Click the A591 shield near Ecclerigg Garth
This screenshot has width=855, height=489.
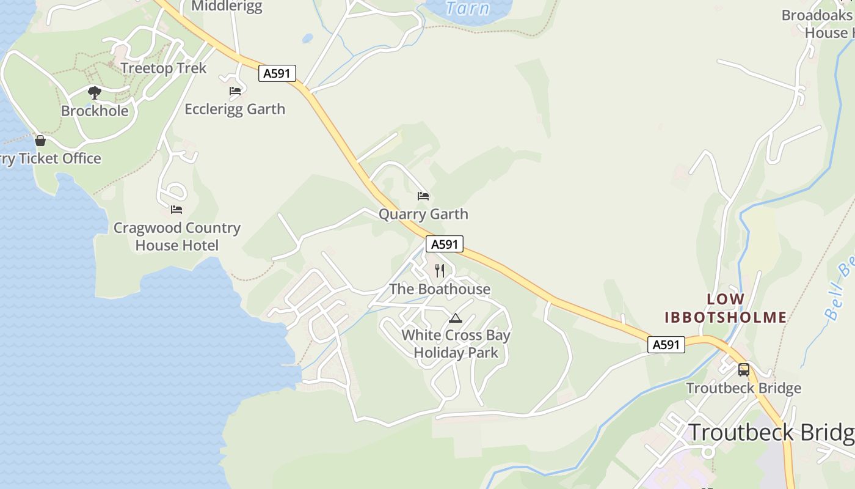277,73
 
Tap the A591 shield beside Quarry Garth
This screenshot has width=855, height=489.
444,244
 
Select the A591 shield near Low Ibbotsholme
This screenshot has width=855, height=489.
666,344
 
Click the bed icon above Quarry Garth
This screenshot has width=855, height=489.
423,196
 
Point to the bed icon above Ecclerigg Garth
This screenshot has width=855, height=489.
235,91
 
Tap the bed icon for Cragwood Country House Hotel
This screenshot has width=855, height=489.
176,210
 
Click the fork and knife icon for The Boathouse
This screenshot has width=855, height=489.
440,271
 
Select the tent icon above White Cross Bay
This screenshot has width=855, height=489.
455,318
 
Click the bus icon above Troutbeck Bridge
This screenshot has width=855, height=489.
743,369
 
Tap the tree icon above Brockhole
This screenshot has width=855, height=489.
94,93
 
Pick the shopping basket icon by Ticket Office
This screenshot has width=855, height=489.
40,141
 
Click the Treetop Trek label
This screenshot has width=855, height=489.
164,68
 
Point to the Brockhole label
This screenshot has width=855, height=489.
95,111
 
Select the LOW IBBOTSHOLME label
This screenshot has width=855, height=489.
726,308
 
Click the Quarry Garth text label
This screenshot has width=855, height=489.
423,214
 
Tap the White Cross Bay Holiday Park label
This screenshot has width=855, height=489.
456,344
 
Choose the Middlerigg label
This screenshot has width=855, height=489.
227,7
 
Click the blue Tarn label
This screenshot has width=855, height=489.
467,8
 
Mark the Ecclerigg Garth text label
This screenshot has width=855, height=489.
235,109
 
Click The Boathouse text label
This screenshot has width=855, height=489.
440,289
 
